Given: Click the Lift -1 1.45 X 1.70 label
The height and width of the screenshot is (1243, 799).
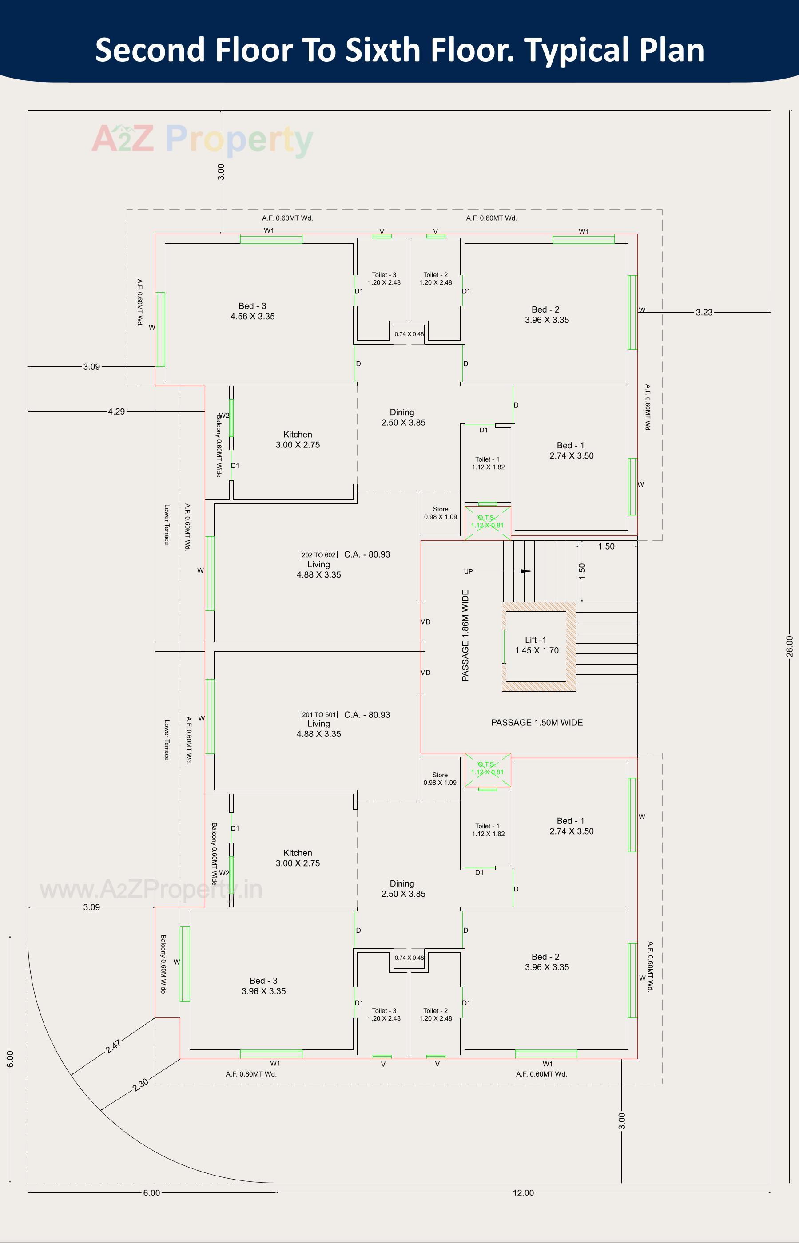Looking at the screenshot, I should point(536,645).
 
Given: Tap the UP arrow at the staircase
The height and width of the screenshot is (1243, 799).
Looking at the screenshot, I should point(525,571).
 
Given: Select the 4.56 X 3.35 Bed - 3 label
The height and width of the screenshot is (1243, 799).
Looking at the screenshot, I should point(252,311).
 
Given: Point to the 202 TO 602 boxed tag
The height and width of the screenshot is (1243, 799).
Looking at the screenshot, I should point(318,555).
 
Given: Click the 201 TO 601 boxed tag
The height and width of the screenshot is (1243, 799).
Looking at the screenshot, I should point(318,715).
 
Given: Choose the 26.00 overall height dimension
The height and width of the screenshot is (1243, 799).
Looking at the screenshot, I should point(789,646).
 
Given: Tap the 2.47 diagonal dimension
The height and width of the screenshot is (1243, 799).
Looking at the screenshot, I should point(113,1046).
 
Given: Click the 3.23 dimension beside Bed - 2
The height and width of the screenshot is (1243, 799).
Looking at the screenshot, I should point(704,312).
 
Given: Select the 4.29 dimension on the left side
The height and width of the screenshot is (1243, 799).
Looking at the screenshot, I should point(116,411).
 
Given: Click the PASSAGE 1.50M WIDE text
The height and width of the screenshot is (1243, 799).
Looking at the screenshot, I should point(537,722).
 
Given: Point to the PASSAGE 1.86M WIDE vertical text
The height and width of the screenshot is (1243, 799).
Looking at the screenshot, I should point(465,635).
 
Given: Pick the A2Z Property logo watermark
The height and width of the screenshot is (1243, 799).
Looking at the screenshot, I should point(203,139).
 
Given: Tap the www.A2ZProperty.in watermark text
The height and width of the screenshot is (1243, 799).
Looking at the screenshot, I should point(151,889).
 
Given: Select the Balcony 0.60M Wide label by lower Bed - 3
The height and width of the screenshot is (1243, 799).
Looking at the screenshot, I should point(163,964).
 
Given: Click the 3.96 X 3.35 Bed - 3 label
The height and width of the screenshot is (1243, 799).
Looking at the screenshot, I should point(263,986).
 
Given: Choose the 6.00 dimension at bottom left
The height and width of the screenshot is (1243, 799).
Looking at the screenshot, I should point(151,1193).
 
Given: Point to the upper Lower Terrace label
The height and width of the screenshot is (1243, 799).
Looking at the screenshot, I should point(167,524).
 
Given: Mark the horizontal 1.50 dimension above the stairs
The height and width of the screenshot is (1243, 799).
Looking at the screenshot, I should point(605,546).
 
